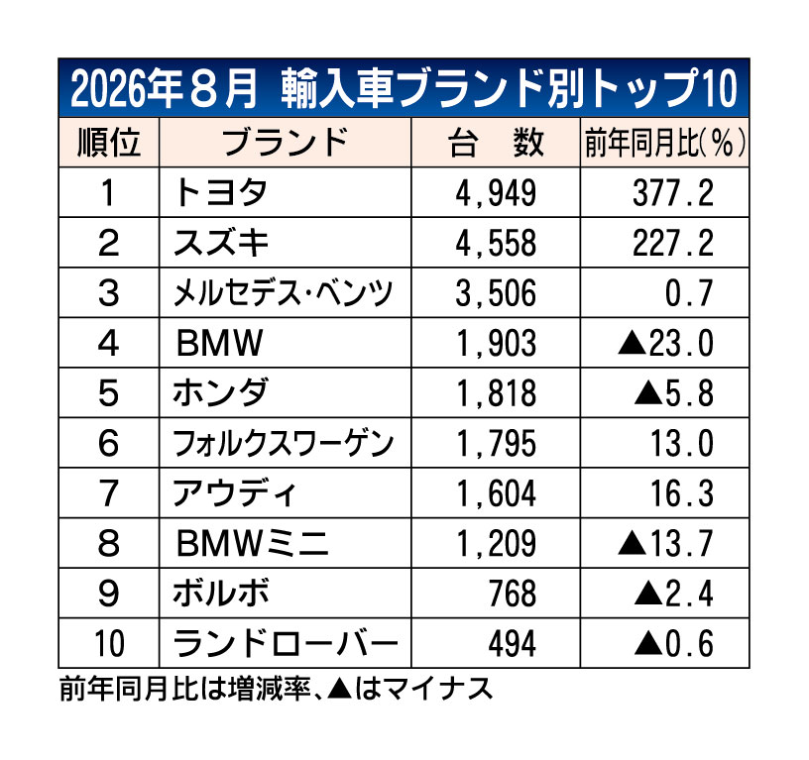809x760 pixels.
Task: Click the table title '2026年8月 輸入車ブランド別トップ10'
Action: click(x=404, y=89)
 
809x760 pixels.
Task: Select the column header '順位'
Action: click(x=109, y=143)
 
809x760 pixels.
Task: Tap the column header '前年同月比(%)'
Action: click(x=665, y=143)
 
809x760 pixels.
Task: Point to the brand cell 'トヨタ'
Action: click(x=220, y=193)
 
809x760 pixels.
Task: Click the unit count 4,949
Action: click(x=496, y=193)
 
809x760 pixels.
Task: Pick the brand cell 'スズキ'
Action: click(x=221, y=243)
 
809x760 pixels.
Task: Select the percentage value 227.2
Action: click(x=673, y=244)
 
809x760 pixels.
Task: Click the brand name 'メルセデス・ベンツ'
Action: click(x=284, y=293)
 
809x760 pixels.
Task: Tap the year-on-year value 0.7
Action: click(x=689, y=293)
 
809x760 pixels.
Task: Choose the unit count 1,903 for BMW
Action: click(x=496, y=344)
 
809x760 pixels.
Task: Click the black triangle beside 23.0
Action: click(x=633, y=343)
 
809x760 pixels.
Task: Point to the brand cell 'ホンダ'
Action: click(x=221, y=393)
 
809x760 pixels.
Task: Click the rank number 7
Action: click(x=108, y=493)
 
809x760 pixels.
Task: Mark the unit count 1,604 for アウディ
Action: click(x=496, y=493)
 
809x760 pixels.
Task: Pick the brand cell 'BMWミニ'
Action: click(x=252, y=543)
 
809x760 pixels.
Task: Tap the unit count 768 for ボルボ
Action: click(x=513, y=594)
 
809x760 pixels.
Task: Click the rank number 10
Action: click(x=109, y=643)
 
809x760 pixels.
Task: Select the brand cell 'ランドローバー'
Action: click(x=286, y=643)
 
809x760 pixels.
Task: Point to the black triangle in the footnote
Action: click(x=339, y=689)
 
